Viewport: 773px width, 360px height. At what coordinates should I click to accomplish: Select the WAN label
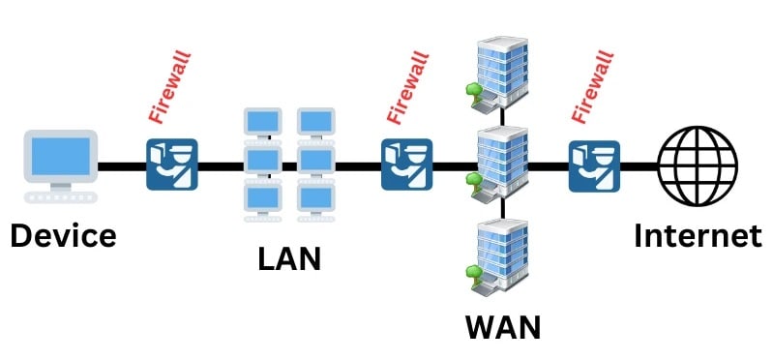pos(502,325)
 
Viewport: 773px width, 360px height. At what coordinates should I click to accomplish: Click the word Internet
pos(698,236)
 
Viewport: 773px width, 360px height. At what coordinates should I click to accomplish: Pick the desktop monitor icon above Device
pos(61,158)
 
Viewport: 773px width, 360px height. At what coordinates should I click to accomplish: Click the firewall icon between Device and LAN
pos(171,165)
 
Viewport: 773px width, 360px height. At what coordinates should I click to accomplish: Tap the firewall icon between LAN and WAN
pos(406,165)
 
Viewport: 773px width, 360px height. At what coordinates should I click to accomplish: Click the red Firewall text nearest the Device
pos(170,90)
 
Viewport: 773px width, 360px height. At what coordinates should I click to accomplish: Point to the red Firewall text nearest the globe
pos(593,90)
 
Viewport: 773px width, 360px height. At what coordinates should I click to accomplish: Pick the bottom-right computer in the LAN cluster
pos(314,198)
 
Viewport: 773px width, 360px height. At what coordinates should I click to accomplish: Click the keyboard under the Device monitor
pos(61,196)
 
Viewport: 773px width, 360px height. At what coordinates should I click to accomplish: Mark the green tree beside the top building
pos(473,92)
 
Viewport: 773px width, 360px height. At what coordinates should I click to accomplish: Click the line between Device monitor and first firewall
pos(121,166)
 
